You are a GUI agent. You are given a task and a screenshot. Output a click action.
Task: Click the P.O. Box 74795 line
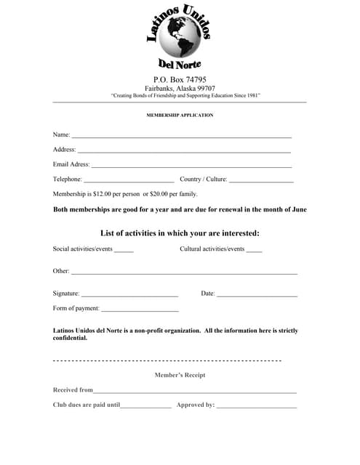[x=180, y=79]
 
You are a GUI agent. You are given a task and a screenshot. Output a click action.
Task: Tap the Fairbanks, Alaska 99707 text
[x=180, y=88]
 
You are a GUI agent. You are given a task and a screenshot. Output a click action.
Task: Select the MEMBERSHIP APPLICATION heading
[x=180, y=115]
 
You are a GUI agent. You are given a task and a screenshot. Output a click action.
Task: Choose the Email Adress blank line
[x=191, y=166]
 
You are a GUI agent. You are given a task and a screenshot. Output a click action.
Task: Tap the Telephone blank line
[x=129, y=181]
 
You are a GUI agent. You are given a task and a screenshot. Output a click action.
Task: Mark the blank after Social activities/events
[x=124, y=251]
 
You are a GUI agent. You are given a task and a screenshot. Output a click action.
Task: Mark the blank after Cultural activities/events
[x=254, y=251]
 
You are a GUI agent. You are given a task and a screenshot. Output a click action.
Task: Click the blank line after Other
[x=184, y=273]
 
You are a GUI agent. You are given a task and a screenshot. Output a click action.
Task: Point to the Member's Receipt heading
[x=180, y=375]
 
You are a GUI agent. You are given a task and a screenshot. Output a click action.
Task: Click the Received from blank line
[x=195, y=392]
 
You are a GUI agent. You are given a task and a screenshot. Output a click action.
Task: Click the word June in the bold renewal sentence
[x=299, y=209]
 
